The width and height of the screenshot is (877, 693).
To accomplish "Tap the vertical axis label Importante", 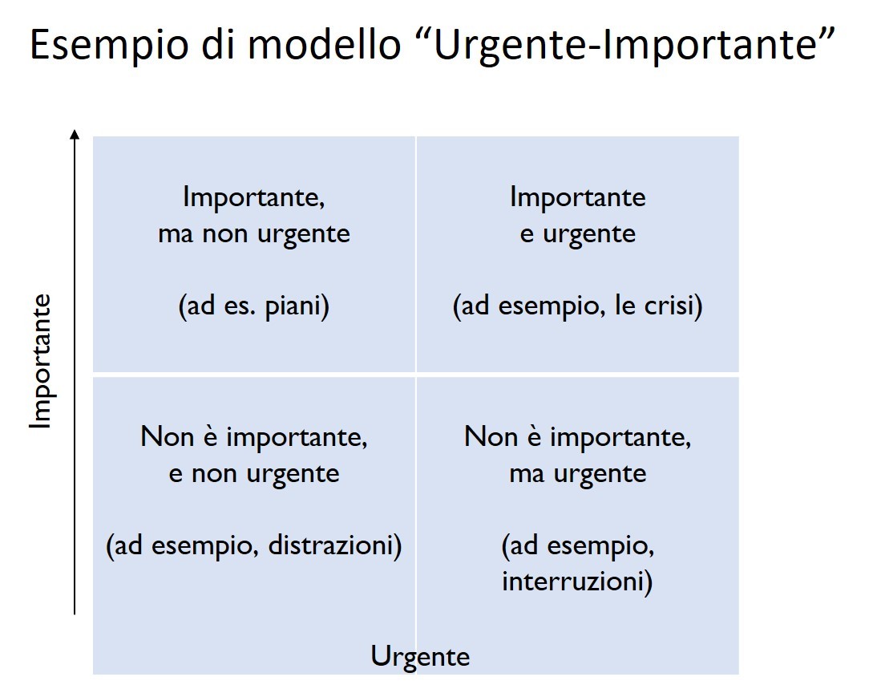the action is pyautogui.click(x=41, y=362).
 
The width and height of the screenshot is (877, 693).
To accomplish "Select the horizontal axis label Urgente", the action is pyautogui.click(x=420, y=657).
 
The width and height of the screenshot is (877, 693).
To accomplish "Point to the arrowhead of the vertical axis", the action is pyautogui.click(x=75, y=133).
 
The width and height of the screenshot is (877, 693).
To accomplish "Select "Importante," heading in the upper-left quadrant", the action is pyautogui.click(x=254, y=198).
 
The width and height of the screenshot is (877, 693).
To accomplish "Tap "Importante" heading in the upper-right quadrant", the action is pyautogui.click(x=578, y=198).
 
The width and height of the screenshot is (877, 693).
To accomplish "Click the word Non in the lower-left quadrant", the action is pyautogui.click(x=166, y=436).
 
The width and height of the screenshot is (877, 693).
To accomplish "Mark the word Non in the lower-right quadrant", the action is pyautogui.click(x=490, y=436).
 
